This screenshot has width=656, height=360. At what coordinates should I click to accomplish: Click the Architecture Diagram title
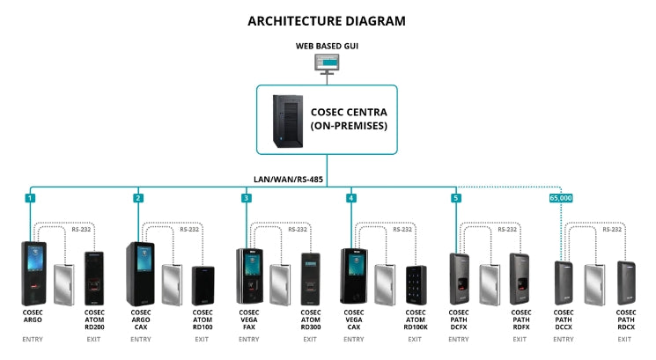pos(328,20)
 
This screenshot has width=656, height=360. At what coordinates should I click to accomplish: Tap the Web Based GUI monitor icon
pos(328,63)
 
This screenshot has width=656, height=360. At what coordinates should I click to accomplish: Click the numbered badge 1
pos(30,198)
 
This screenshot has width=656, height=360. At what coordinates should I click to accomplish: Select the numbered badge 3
pos(246,198)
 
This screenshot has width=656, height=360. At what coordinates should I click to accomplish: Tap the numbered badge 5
pos(455,198)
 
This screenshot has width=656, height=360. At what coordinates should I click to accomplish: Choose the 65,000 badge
pos(561,198)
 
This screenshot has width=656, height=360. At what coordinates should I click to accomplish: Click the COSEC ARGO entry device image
pos(34,273)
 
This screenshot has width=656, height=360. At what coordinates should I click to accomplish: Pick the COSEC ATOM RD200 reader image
pos(95,278)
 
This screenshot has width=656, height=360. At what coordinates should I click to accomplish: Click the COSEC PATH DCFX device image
pos(460,278)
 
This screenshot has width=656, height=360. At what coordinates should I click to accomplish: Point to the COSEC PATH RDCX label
pos(627,319)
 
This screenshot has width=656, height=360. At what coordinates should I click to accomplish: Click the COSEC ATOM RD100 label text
pos(203,319)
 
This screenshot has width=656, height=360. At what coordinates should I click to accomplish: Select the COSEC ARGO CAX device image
pos(141,274)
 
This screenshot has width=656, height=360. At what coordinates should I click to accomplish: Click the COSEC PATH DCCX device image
pos(564,283)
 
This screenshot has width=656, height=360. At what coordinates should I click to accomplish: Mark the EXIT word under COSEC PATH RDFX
pos(520,339)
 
